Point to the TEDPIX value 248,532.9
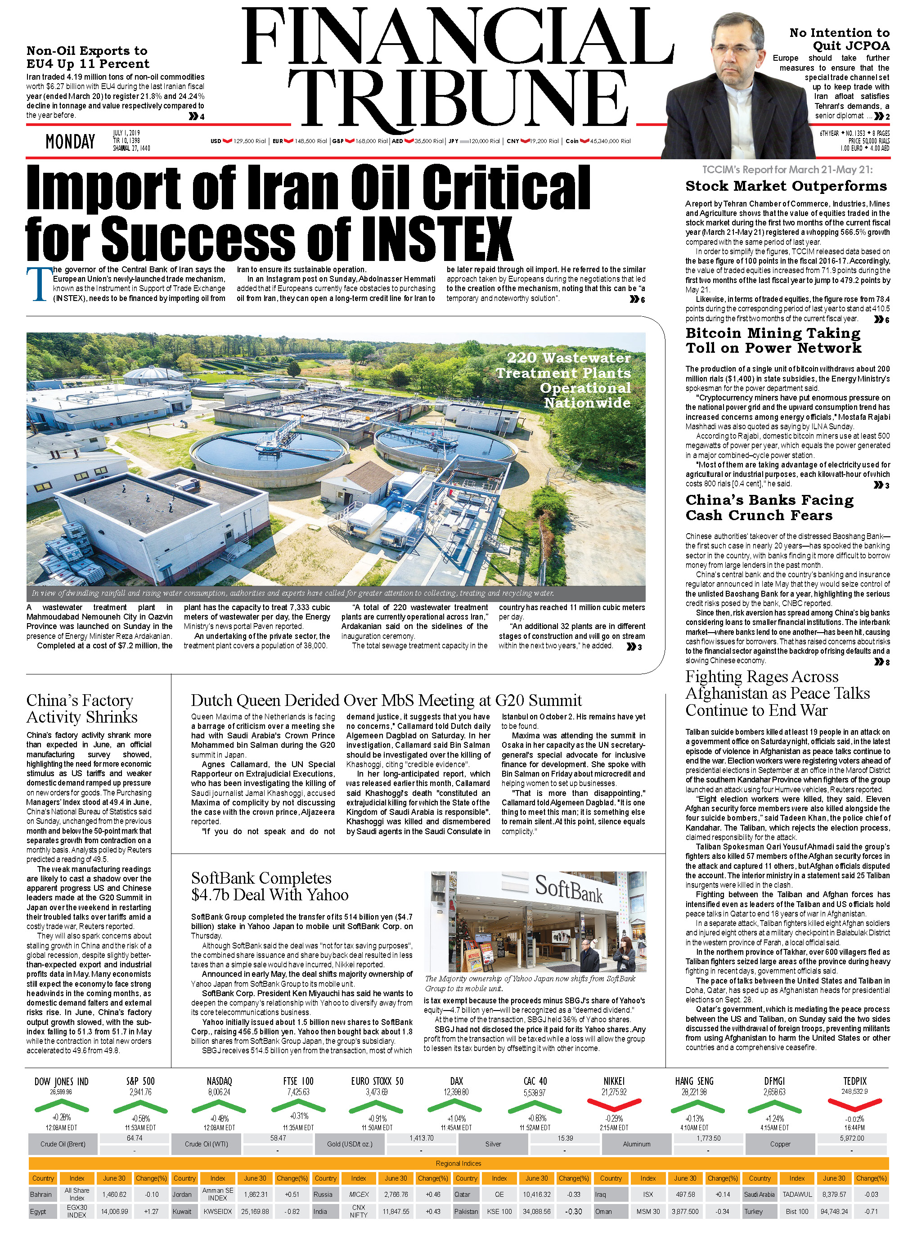click(854, 1092)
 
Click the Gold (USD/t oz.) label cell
click(349, 1144)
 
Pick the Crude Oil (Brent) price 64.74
click(135, 1138)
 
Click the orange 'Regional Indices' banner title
click(458, 1164)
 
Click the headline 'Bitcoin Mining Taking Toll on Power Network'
click(773, 340)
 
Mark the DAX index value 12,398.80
click(456, 1092)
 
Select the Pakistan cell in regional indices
click(466, 1212)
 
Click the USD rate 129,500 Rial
click(249, 141)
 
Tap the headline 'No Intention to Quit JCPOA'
click(839, 40)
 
